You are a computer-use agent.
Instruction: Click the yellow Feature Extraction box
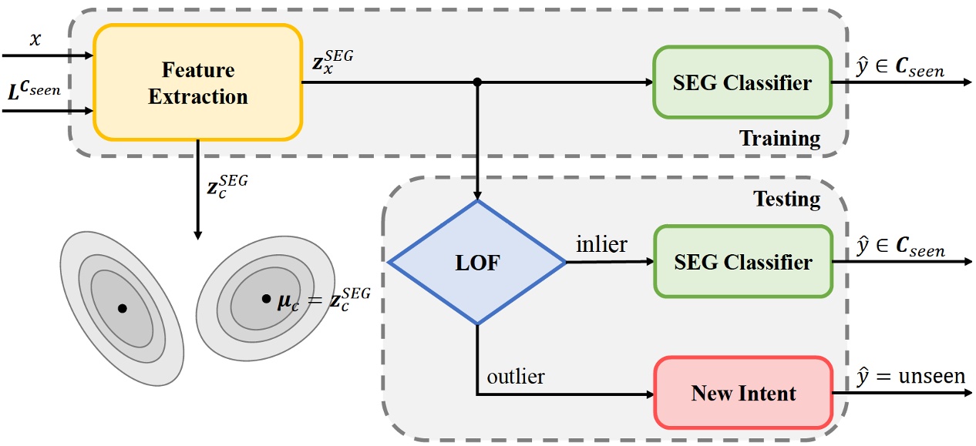[198, 82]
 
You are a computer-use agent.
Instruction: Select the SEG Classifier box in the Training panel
[742, 82]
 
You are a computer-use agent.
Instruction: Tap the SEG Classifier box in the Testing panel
[743, 262]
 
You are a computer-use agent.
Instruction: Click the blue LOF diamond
[477, 262]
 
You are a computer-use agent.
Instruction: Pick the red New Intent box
[743, 393]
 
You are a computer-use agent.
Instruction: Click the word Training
[779, 139]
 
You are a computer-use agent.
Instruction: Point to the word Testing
[786, 200]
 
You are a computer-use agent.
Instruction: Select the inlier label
[601, 244]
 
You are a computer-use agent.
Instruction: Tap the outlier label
[516, 377]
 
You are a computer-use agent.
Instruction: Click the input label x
[35, 39]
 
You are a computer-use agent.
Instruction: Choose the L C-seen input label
[34, 90]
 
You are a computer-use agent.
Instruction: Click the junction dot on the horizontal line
[477, 82]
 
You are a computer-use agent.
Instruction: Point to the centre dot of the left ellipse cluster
[123, 308]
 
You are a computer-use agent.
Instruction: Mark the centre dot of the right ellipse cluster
[266, 299]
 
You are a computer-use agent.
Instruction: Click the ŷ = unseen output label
[910, 377]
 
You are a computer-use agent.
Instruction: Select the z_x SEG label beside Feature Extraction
[332, 62]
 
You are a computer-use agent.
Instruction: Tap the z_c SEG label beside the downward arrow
[227, 186]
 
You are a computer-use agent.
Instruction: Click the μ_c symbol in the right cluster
[288, 303]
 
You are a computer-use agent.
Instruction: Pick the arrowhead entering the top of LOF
[477, 195]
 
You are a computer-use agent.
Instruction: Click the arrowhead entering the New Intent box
[649, 394]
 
